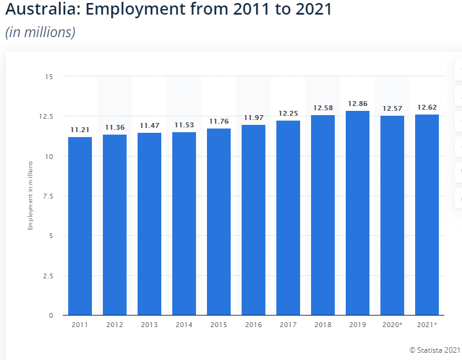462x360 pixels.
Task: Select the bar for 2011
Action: point(80,226)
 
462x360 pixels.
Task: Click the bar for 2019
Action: point(358,213)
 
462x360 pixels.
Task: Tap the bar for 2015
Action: point(219,222)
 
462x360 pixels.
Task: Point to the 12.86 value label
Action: point(358,104)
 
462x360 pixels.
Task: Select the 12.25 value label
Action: point(288,114)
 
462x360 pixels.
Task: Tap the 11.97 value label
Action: point(253,118)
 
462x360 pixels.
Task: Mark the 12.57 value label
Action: point(393,108)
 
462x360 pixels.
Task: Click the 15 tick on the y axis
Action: point(49,77)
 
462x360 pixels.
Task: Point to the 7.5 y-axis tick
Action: point(47,196)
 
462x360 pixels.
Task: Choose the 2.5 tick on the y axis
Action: point(47,276)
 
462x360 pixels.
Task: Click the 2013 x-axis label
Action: point(149,325)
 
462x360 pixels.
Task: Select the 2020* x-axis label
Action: point(393,325)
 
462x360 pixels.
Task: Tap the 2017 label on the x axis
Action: point(288,325)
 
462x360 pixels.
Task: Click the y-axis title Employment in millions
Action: point(30,196)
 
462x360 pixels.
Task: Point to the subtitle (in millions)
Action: point(40,32)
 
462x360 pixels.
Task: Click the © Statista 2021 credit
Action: point(435,350)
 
